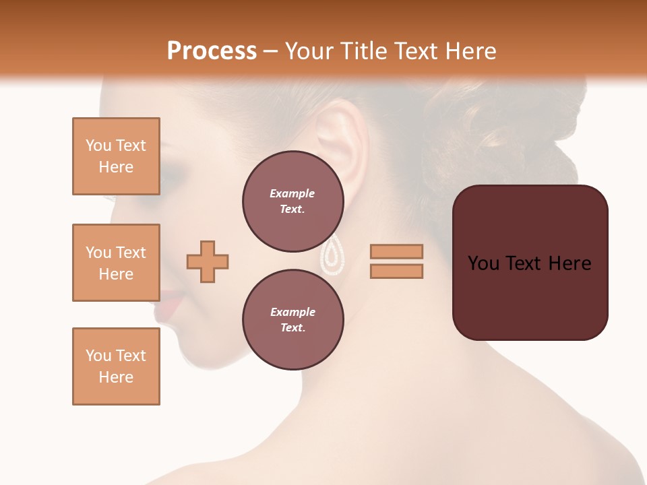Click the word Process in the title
tap(212, 51)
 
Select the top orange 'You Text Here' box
tap(116, 156)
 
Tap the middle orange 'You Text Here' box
tap(116, 263)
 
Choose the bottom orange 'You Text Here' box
tap(116, 366)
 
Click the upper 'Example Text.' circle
tap(292, 201)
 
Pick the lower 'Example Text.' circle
tap(292, 320)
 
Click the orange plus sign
tap(208, 261)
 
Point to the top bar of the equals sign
tap(396, 251)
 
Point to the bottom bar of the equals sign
tap(396, 271)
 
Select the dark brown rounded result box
tap(530, 263)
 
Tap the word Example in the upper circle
tap(292, 193)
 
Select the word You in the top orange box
tap(98, 145)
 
